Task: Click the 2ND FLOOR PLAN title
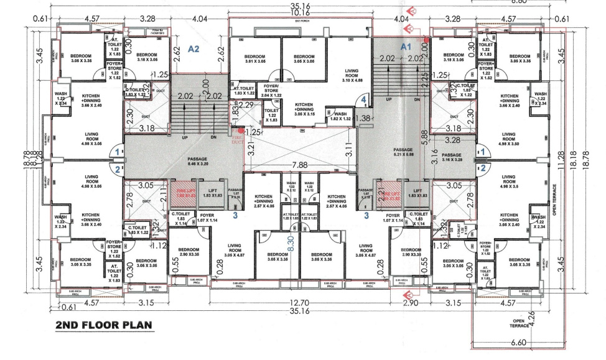tap(103, 326)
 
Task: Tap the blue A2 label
tap(193, 50)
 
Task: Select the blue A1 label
tap(406, 47)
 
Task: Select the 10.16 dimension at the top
tap(300, 12)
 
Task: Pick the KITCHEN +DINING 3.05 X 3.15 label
tap(304, 109)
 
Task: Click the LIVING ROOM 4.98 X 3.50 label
tap(509, 139)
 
